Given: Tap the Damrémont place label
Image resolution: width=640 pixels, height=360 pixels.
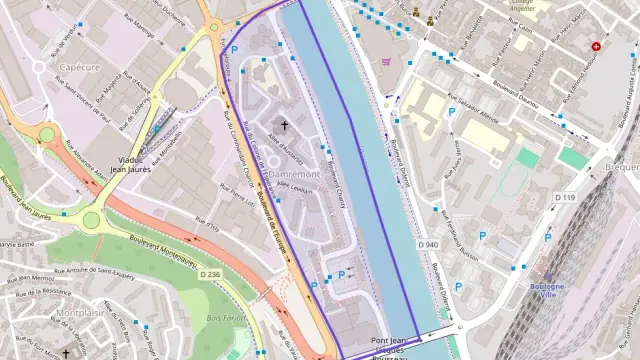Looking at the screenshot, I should tap(293, 174).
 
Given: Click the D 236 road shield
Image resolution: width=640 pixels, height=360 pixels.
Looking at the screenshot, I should tap(210, 274).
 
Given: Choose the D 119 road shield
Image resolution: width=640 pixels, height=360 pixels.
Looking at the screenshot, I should tap(565, 198).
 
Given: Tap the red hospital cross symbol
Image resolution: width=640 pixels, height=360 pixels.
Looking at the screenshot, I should tap(597, 46).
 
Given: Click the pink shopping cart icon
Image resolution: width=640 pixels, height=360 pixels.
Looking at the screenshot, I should tap(386, 61).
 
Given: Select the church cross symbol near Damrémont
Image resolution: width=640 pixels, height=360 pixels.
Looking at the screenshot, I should tap(283, 126).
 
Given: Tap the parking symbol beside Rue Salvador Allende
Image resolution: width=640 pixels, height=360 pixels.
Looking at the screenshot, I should tap(451, 113).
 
